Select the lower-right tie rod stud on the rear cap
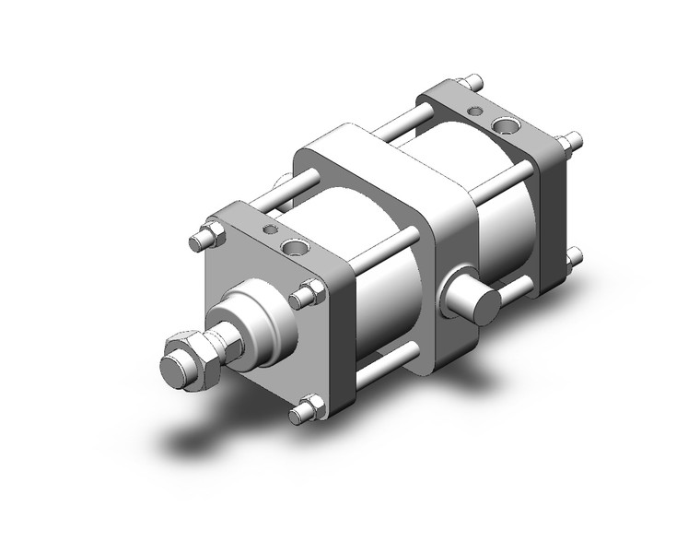(574, 255)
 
